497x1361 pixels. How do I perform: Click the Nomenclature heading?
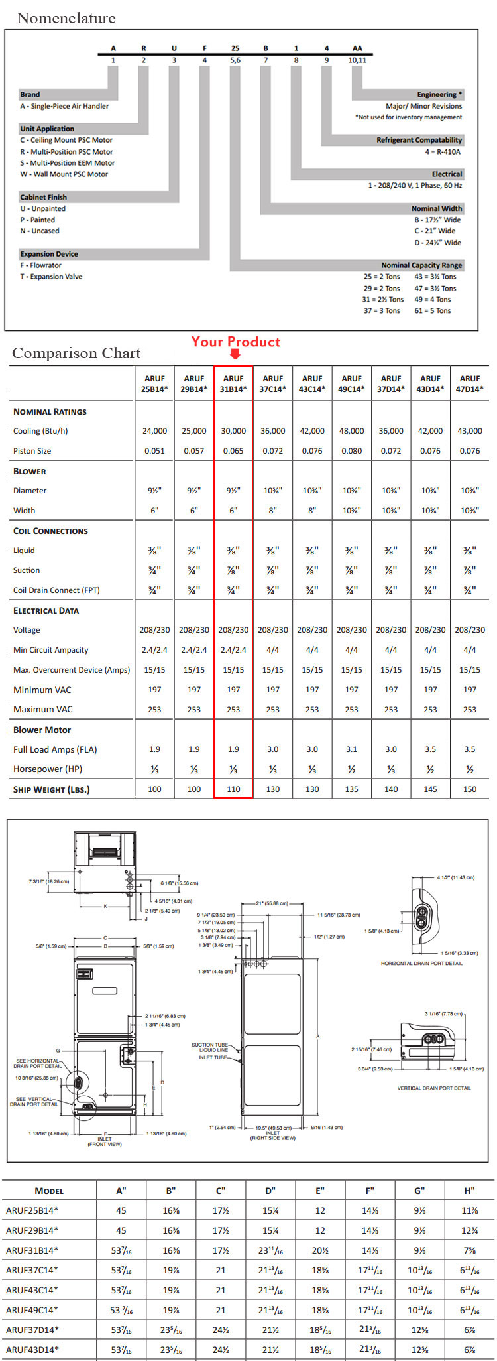click(66, 18)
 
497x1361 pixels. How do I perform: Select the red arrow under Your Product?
click(235, 354)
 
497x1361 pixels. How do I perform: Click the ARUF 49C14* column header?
click(351, 383)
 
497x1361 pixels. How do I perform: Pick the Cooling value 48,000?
click(351, 431)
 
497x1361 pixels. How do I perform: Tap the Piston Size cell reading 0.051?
click(154, 451)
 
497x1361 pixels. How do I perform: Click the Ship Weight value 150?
click(470, 789)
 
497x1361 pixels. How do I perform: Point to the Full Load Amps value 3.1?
click(351, 749)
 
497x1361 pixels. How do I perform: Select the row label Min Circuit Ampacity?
click(50, 650)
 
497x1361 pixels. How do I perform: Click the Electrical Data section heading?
click(46, 610)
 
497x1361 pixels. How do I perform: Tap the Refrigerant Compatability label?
click(419, 140)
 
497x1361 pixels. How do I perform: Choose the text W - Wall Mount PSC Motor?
click(64, 174)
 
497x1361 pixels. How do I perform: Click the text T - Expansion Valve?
click(51, 277)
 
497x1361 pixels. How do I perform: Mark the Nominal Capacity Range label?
click(421, 265)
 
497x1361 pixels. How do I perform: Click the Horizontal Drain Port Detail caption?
click(421, 963)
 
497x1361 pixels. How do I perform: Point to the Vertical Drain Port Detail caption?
click(434, 1088)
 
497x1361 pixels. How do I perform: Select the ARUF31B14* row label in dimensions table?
click(32, 1250)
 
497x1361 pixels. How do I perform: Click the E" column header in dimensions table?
click(320, 1190)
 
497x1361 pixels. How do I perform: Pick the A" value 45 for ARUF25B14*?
click(121, 1210)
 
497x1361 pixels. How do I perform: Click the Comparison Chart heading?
click(76, 353)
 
